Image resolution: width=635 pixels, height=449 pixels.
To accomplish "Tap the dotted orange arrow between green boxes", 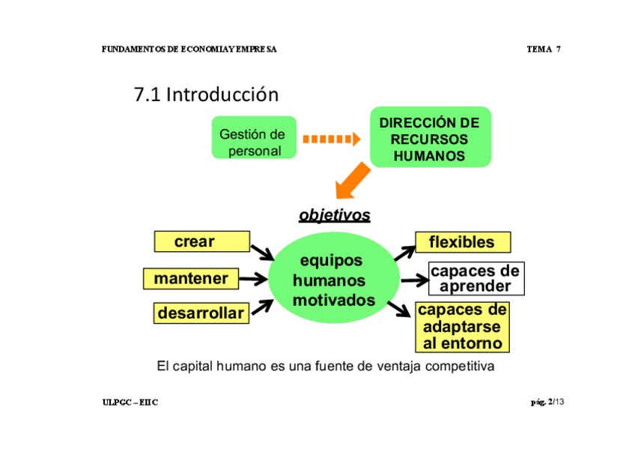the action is [x=332, y=139].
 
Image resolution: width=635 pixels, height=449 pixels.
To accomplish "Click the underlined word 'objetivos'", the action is [x=334, y=215].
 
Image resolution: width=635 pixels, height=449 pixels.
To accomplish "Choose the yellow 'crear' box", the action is [x=201, y=241].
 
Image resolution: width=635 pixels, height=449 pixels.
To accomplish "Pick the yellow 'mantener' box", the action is [x=191, y=279].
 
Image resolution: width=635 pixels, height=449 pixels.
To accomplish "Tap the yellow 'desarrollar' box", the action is [x=201, y=313].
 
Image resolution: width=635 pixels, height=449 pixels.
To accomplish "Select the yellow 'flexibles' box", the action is [x=462, y=242].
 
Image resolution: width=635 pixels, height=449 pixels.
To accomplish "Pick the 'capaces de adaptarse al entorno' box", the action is [x=461, y=327].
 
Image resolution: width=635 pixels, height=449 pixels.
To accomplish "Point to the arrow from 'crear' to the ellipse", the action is [x=263, y=251].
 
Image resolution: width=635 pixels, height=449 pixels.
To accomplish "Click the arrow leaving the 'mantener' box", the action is [x=254, y=280].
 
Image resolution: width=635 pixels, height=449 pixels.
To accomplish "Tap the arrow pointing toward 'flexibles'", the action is [x=405, y=250].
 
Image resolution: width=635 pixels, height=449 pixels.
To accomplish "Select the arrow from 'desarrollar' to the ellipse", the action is [x=261, y=306].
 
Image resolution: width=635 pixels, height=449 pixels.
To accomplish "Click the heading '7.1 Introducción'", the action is [x=206, y=94].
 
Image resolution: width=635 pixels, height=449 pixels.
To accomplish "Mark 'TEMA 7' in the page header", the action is [x=544, y=49].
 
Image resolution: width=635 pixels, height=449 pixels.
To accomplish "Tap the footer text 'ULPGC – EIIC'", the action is [x=130, y=403].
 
